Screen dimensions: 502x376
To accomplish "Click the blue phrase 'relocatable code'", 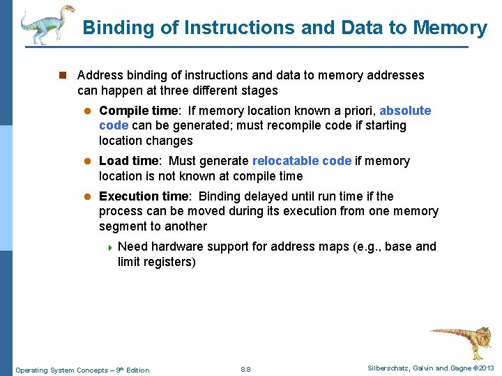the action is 302,161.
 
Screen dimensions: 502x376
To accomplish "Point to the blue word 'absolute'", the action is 405,111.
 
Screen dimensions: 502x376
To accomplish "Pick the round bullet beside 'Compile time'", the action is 88,111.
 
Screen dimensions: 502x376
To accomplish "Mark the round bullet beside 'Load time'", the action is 88,162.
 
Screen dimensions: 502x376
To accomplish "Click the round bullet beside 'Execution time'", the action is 88,197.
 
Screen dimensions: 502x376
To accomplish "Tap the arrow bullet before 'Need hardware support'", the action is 109,247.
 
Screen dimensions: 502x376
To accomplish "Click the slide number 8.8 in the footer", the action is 245,369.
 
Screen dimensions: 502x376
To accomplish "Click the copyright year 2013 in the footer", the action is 486,368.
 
